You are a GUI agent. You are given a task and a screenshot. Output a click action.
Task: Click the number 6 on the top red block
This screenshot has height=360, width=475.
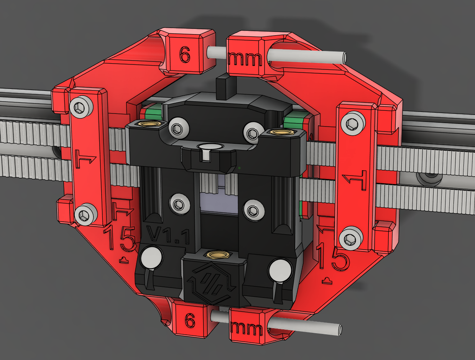[185, 54]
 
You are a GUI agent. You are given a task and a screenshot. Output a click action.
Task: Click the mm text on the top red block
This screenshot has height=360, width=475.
[245, 59]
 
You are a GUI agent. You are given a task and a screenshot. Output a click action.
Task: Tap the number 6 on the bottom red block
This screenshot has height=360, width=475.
[190, 320]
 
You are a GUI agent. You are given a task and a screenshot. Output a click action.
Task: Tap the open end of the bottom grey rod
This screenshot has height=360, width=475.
[339, 329]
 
